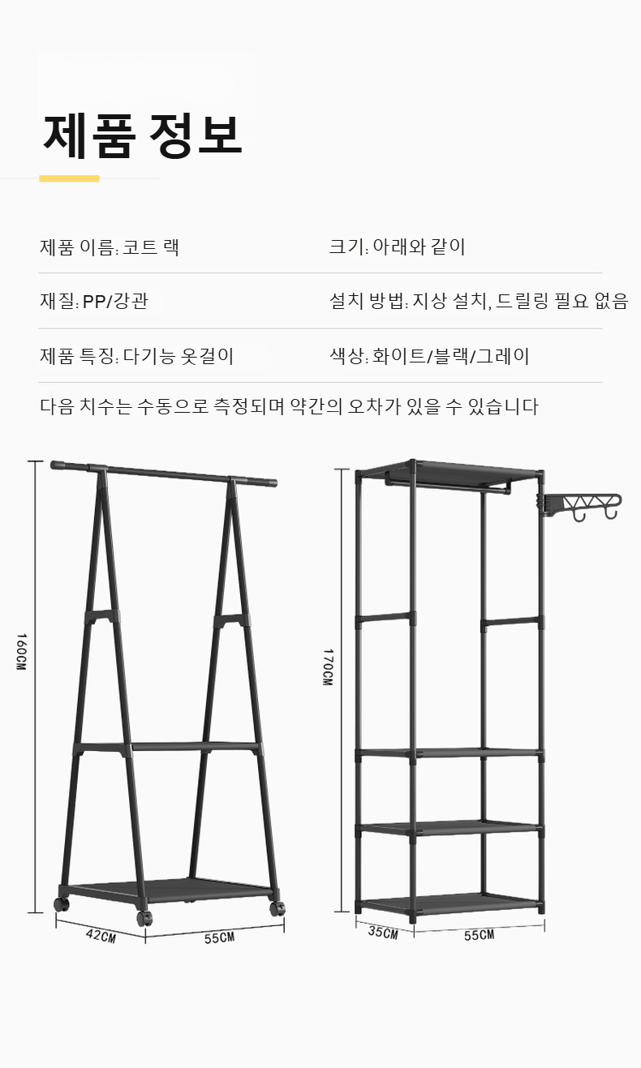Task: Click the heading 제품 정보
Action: click(x=142, y=135)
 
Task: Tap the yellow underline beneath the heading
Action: click(x=69, y=178)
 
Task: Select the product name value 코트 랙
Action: click(x=151, y=247)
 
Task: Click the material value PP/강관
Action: click(x=115, y=302)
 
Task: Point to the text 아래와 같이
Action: click(x=419, y=247)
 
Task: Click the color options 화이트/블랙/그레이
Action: click(x=451, y=356)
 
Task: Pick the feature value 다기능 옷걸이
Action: click(x=179, y=356)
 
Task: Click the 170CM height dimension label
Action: click(x=327, y=667)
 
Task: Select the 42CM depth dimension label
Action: click(x=101, y=935)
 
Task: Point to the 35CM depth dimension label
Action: click(x=383, y=932)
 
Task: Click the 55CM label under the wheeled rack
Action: click(x=219, y=937)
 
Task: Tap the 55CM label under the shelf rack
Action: click(x=479, y=935)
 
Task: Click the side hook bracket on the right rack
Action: click(x=583, y=505)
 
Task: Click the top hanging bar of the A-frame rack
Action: click(x=162, y=473)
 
